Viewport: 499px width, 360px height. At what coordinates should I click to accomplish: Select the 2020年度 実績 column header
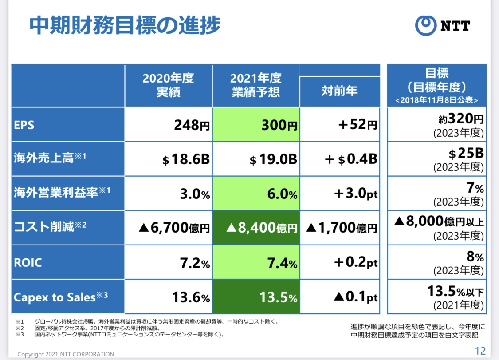(x=168, y=86)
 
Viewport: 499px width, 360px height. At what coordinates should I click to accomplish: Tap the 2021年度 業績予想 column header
(x=256, y=86)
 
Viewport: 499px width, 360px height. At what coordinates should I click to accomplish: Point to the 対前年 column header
(x=340, y=91)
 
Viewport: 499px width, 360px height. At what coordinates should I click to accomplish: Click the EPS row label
(x=24, y=125)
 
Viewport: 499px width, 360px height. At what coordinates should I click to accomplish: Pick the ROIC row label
(x=28, y=262)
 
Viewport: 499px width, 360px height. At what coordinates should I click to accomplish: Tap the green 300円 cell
(x=256, y=125)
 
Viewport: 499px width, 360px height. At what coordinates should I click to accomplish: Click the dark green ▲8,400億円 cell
(x=256, y=228)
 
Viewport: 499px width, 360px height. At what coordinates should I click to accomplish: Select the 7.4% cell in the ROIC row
(x=256, y=263)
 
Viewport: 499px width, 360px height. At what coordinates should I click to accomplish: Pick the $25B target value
(x=465, y=154)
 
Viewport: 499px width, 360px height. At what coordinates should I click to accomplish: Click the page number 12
(x=480, y=351)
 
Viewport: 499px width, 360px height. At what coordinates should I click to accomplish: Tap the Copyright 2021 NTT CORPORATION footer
(x=66, y=354)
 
